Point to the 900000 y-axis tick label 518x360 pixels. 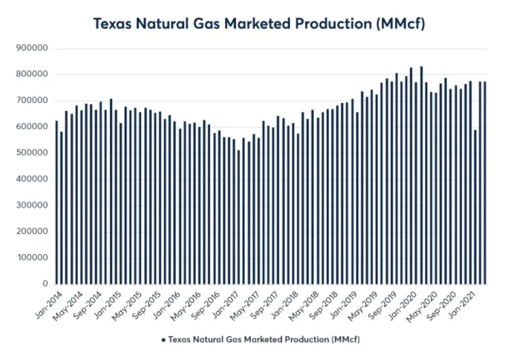coord(32,49)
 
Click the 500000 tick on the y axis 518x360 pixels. coord(32,153)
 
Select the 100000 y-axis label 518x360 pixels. coord(32,258)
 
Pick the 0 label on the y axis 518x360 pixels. coord(45,284)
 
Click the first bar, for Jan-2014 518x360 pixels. coord(56,202)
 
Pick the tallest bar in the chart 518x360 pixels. coord(422,175)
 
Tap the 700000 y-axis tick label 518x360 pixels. coord(32,101)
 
